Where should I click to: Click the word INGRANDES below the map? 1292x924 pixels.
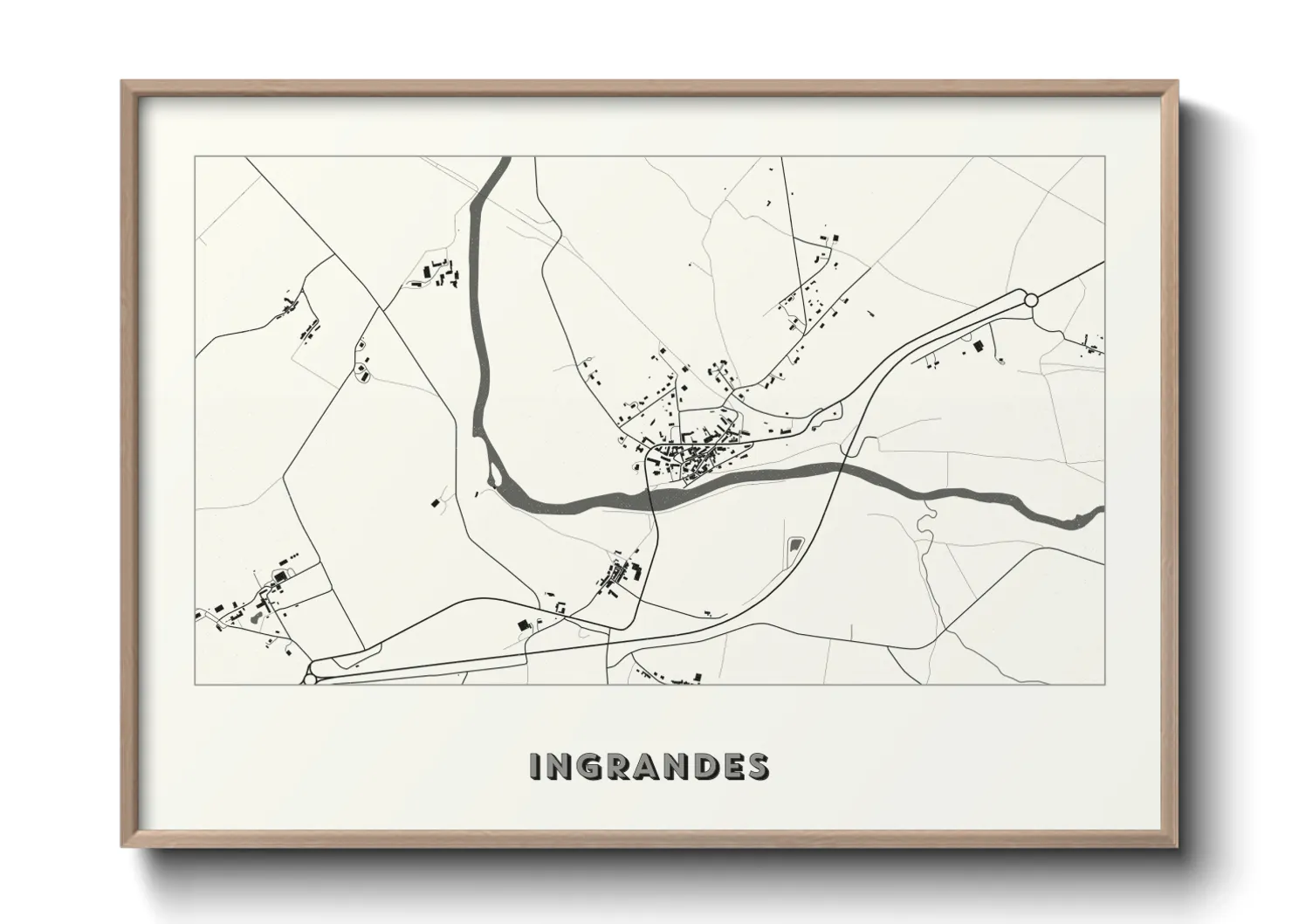click(649, 765)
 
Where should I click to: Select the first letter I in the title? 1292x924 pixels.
click(536, 765)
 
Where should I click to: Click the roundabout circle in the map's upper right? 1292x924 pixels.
click(1030, 300)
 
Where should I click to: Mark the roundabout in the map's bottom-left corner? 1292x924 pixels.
click(309, 677)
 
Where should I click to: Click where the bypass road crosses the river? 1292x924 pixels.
click(840, 471)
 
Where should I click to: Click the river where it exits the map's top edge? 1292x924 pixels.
click(503, 162)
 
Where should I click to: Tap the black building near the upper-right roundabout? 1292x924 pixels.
click(978, 347)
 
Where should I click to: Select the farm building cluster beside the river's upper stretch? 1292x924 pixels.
click(436, 272)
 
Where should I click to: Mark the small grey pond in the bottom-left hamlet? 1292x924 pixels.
click(253, 617)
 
